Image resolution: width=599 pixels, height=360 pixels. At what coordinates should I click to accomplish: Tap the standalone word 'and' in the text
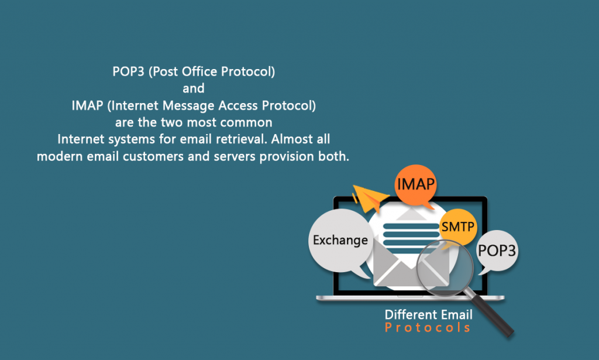pos(194,89)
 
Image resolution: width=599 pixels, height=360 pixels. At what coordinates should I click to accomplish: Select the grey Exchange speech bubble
pos(340,239)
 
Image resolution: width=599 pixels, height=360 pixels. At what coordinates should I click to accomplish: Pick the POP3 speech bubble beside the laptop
pos(498,251)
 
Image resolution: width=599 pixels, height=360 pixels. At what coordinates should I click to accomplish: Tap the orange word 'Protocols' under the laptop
pos(428,328)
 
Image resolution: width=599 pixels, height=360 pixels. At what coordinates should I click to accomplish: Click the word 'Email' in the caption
pos(455,314)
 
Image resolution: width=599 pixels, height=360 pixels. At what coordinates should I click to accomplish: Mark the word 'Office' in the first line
pos(200,72)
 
